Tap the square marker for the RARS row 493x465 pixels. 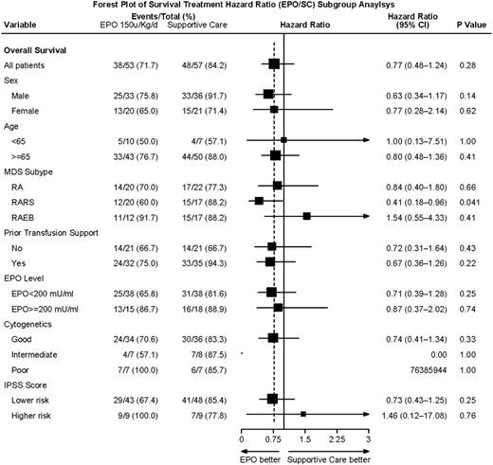(259, 201)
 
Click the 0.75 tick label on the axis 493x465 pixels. (273, 440)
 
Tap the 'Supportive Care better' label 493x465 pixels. (328, 456)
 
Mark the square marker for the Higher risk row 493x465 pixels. (302, 415)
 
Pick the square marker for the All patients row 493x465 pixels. (274, 63)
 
